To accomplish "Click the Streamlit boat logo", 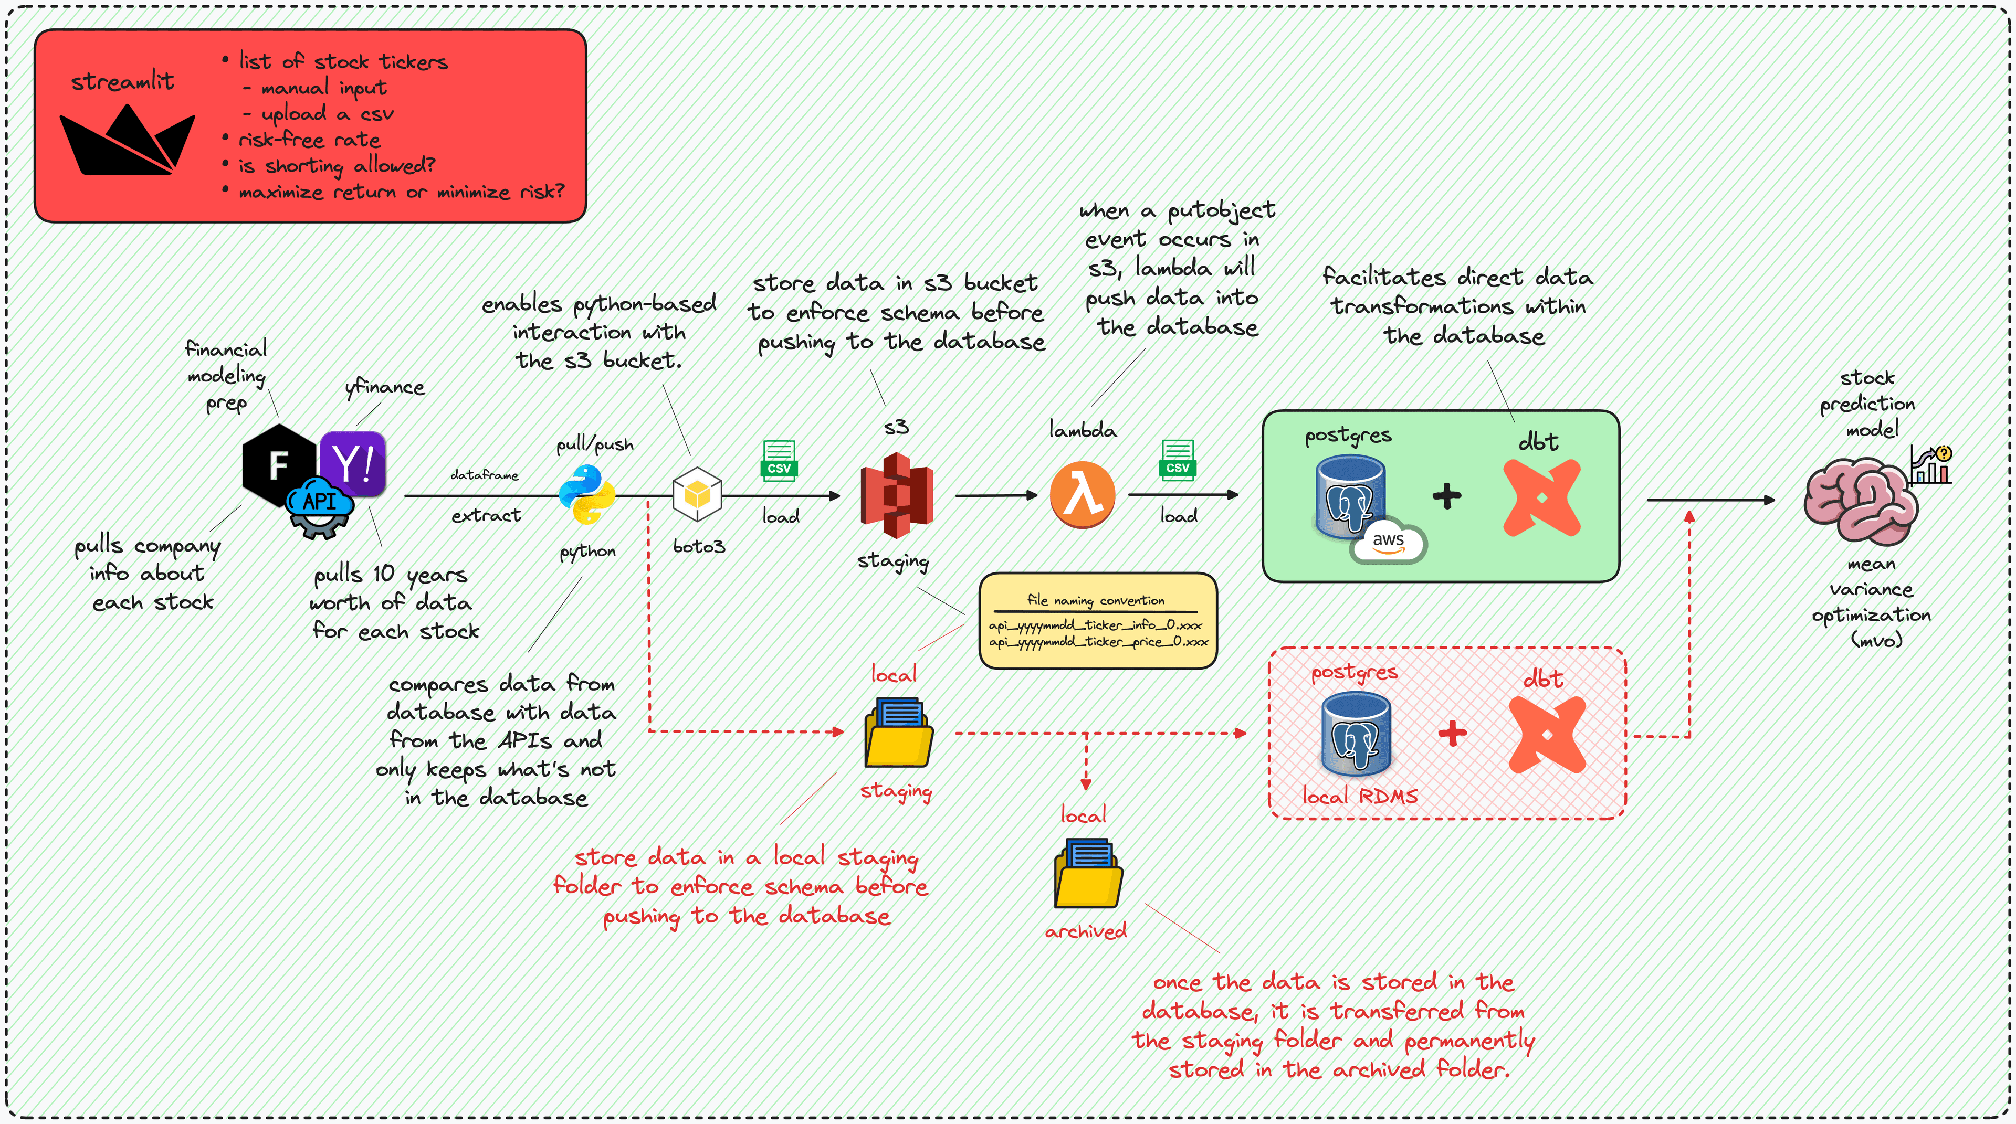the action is pyautogui.click(x=127, y=141).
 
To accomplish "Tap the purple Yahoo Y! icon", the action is pyautogui.click(x=353, y=464).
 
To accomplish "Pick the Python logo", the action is pyautogui.click(x=587, y=494).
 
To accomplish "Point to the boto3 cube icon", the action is pyautogui.click(x=697, y=494).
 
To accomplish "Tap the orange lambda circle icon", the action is pyautogui.click(x=1083, y=494).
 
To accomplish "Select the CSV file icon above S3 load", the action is pyautogui.click(x=779, y=460).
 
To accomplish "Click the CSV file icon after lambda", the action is pyautogui.click(x=1177, y=459).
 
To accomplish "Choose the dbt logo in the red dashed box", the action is pyautogui.click(x=1547, y=735).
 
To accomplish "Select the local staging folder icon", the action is pyautogui.click(x=898, y=733).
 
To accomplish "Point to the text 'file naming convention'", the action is pyautogui.click(x=1096, y=600).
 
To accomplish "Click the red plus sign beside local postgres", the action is pyautogui.click(x=1453, y=733).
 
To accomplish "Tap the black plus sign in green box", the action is pyautogui.click(x=1447, y=496).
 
